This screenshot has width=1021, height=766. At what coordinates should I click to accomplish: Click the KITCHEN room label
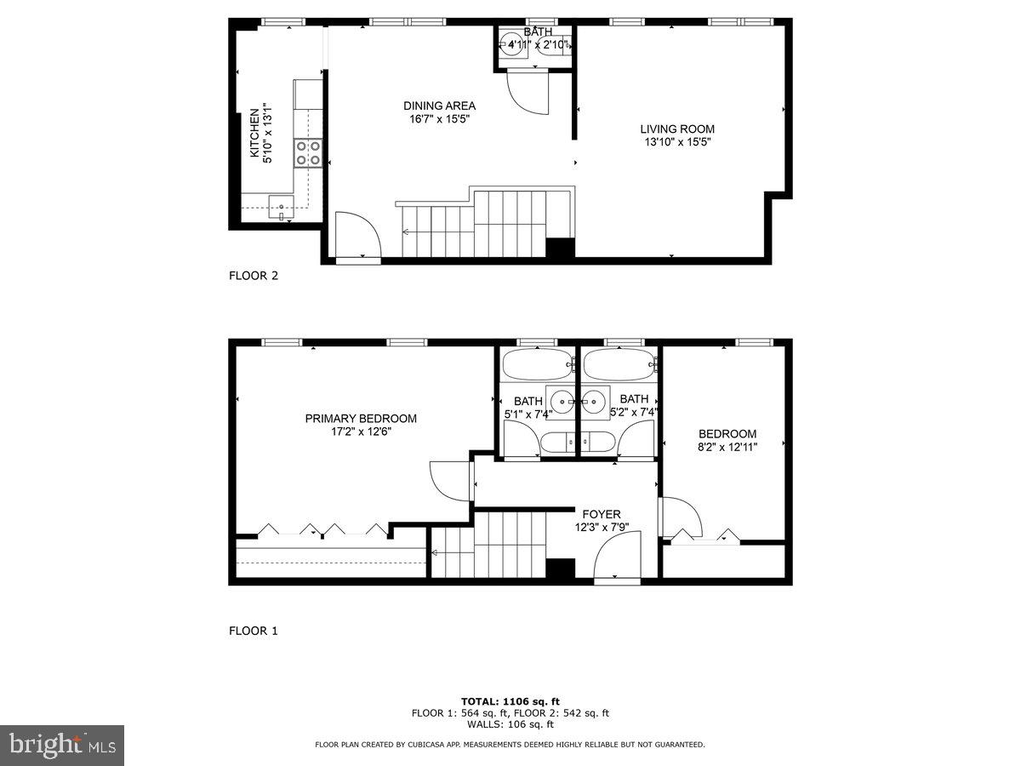point(254,133)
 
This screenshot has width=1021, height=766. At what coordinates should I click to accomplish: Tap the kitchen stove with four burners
point(308,152)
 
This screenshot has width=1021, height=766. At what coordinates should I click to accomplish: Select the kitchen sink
point(281,205)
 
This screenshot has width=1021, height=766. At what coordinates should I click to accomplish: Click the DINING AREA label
point(439,106)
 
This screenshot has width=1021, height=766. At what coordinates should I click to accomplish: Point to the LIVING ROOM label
point(677,129)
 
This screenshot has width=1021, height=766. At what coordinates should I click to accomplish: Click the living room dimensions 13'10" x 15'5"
point(677,143)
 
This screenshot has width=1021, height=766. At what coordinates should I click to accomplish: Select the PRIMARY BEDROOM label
point(361,418)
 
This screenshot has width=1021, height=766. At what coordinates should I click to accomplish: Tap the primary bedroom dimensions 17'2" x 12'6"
point(361,432)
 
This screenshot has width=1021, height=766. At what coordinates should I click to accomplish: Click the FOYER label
point(601,514)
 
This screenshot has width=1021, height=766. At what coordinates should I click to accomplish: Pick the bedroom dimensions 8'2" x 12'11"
point(727,446)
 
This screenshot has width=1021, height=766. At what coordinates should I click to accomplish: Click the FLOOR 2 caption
point(254,275)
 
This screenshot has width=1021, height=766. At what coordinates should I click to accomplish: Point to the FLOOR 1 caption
point(254,631)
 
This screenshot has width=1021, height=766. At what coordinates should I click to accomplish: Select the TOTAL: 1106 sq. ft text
point(510,701)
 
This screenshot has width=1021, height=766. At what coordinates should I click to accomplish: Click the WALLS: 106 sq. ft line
point(510,724)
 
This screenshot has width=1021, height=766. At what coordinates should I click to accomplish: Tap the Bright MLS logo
point(62,745)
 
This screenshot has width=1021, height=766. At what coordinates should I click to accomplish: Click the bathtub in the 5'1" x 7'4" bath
point(537,365)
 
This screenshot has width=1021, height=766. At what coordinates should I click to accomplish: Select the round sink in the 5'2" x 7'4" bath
point(596,399)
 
